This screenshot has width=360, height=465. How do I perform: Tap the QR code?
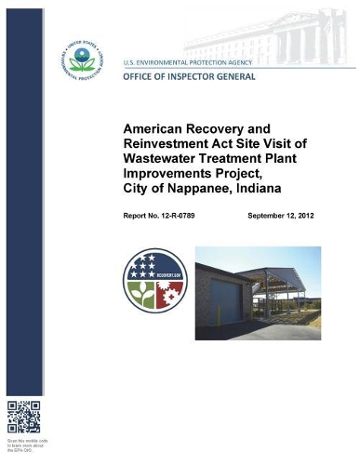click(23, 416)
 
